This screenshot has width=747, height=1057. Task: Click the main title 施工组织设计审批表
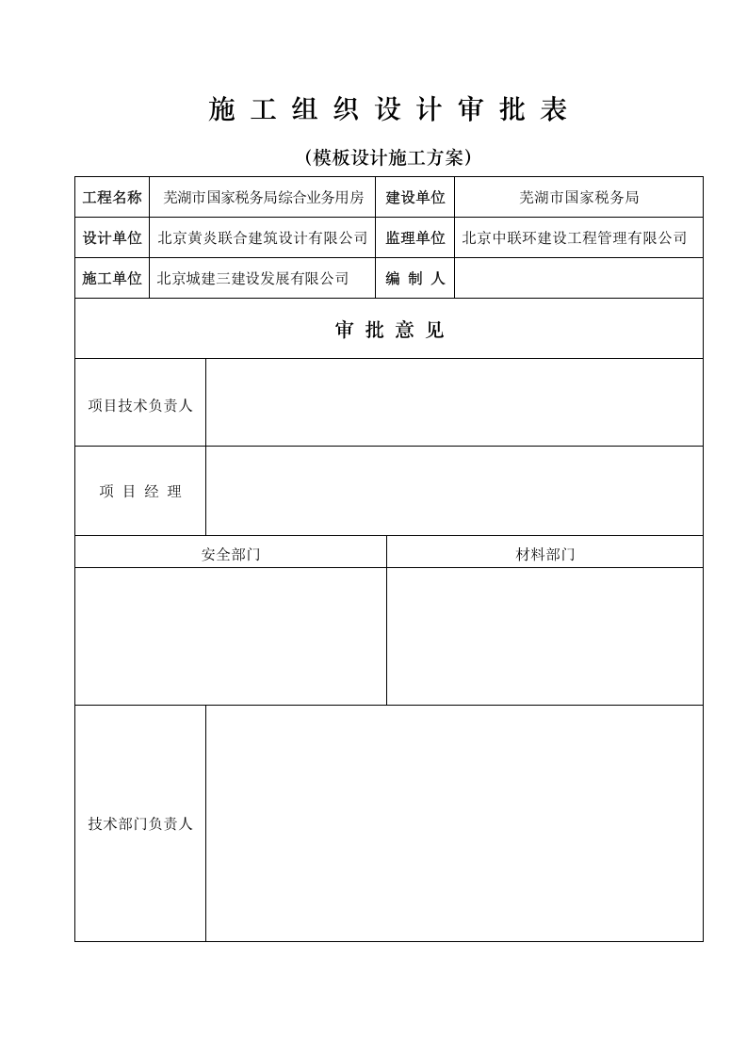[x=388, y=111]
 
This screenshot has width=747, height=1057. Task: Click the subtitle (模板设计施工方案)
[x=388, y=157]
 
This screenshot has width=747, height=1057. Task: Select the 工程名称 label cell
[x=112, y=198]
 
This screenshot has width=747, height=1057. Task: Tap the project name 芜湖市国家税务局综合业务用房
[x=263, y=198]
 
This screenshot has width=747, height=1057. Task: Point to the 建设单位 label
[x=415, y=198]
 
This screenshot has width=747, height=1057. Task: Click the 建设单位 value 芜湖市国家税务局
[x=578, y=198]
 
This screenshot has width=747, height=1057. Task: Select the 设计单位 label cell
[x=112, y=238]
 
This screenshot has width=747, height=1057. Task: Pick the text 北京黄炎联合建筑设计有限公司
[x=263, y=238]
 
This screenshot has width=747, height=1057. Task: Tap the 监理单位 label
[x=415, y=238]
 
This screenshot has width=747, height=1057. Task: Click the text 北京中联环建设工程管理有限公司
[x=575, y=238]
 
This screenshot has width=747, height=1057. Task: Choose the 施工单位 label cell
[x=112, y=279]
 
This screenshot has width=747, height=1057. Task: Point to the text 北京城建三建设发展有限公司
[x=252, y=279]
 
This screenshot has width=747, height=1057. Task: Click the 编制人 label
[x=415, y=279]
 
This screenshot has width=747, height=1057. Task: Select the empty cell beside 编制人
[x=578, y=279]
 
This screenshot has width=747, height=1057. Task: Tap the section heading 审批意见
[x=389, y=330]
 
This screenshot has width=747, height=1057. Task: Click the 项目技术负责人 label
[x=140, y=406]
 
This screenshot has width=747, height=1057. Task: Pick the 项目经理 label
[x=140, y=492]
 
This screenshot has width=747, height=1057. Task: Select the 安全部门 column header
[x=231, y=555]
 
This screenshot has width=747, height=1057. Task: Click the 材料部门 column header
[x=545, y=555]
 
